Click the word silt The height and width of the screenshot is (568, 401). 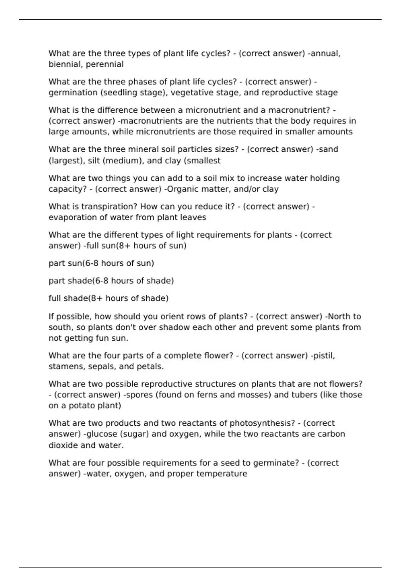pos(94,161)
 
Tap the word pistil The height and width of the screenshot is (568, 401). pos(324,356)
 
